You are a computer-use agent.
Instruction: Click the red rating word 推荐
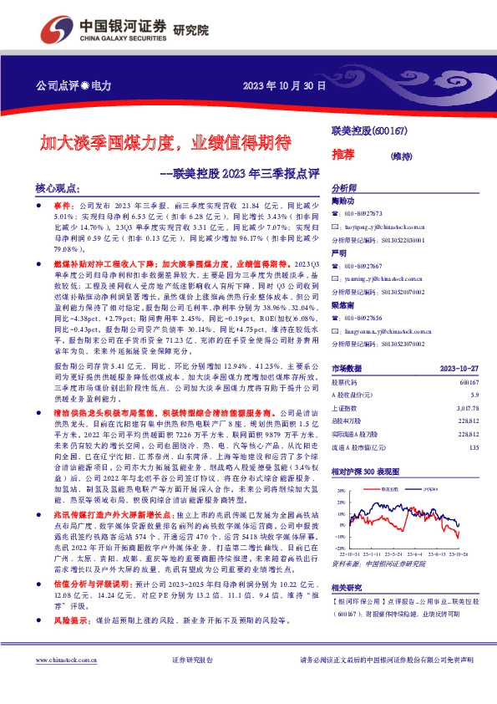point(343,153)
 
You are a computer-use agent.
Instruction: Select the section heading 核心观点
point(58,190)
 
